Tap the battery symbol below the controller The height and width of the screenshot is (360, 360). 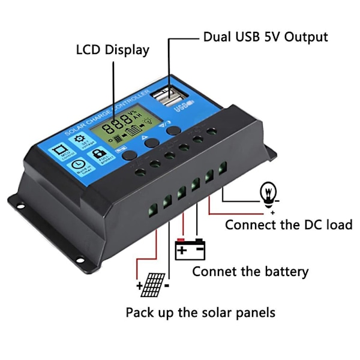[x=190, y=249]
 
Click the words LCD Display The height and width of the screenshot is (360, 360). [x=113, y=50]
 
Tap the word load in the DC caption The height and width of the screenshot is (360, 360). [x=338, y=225]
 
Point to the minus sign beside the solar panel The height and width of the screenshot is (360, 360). [x=166, y=286]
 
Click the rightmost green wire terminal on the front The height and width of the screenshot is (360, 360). [x=222, y=170]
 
